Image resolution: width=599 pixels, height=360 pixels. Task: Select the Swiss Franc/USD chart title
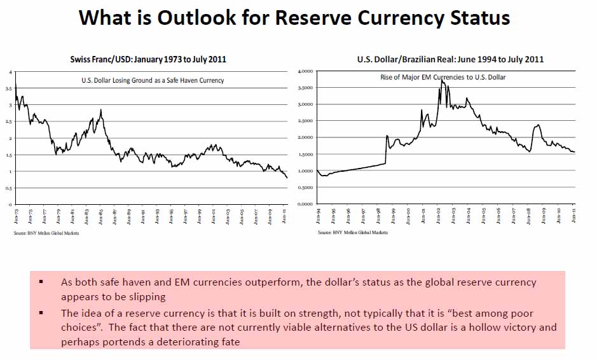[148, 59]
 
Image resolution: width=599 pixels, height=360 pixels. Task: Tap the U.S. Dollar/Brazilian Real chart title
[450, 59]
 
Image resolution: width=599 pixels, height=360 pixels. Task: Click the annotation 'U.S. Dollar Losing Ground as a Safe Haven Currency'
[153, 80]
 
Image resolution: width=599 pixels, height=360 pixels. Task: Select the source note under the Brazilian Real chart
[352, 233]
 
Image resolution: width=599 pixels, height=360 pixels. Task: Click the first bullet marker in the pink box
[41, 281]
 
